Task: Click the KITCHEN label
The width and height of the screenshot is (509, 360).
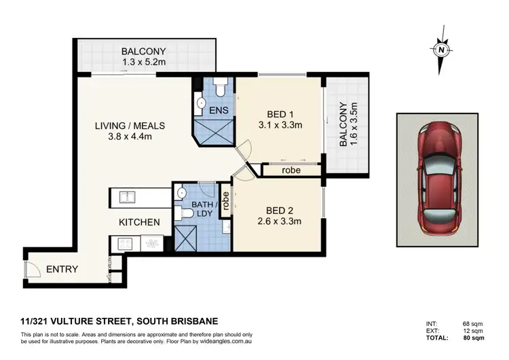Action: pyautogui.click(x=139, y=222)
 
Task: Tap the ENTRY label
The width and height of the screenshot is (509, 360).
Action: pyautogui.click(x=62, y=270)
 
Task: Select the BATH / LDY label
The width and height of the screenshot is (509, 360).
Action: pyautogui.click(x=204, y=209)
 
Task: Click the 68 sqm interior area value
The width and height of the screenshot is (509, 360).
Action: pyautogui.click(x=472, y=323)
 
